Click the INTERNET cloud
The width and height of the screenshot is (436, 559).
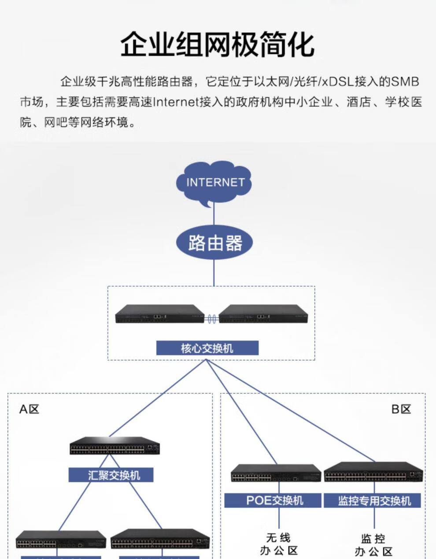[x=214, y=183]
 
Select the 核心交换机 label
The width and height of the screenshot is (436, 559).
[x=207, y=348]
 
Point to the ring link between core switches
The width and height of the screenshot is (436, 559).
[x=212, y=318]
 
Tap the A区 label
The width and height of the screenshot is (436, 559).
[x=29, y=409]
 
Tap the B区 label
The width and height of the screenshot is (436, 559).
[x=401, y=409]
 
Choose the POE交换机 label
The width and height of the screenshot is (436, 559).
[x=274, y=500]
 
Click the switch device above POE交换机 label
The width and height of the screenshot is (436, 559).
[x=276, y=473]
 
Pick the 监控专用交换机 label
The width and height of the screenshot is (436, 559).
[x=374, y=500]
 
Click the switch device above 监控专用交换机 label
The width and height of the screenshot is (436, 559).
[x=373, y=472]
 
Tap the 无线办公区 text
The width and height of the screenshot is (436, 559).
[x=278, y=544]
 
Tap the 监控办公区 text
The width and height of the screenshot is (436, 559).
[x=373, y=545]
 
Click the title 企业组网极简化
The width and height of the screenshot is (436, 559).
[x=218, y=44]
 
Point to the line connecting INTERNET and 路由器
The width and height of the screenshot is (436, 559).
[x=214, y=216]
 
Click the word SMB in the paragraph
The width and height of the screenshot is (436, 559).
[x=405, y=82]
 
